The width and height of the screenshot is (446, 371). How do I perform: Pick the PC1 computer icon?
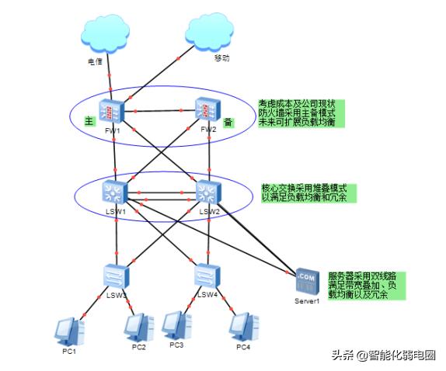tap(68, 330)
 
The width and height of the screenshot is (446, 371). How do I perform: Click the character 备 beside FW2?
tap(228, 123)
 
